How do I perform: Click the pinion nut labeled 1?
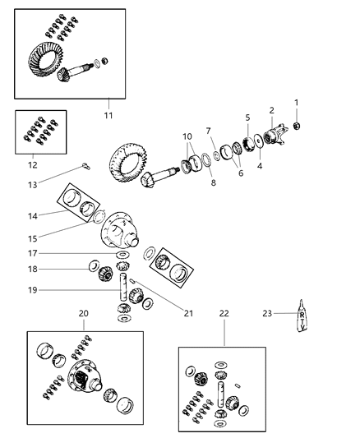(x=298, y=126)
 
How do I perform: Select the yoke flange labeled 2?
(x=275, y=135)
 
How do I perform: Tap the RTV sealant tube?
(x=302, y=316)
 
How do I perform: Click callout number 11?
(x=108, y=115)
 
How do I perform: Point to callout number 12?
(x=33, y=165)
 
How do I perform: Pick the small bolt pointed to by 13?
(x=85, y=167)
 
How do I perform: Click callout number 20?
(x=83, y=313)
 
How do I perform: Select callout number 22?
(x=224, y=313)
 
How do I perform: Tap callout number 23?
(x=267, y=313)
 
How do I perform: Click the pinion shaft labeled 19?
(x=123, y=287)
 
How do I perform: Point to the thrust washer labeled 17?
(x=122, y=255)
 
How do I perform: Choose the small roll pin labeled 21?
(x=132, y=280)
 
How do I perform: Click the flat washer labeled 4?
(x=259, y=141)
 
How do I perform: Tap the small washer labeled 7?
(x=216, y=155)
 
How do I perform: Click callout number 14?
(x=32, y=216)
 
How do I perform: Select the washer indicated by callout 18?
(x=95, y=265)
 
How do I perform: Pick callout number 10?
(x=187, y=136)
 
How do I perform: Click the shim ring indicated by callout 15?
(x=99, y=217)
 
